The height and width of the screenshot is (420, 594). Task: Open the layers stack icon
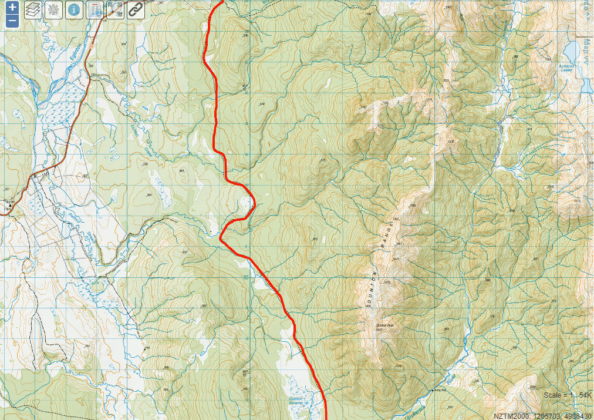tap(33, 10)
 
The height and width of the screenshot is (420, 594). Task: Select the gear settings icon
tap(53, 10)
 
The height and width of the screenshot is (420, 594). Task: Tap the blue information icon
tap(74, 10)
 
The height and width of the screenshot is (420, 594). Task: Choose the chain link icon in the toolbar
tap(136, 10)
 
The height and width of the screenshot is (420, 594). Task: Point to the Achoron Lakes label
tap(566, 68)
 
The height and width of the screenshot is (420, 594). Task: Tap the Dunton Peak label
tap(383, 325)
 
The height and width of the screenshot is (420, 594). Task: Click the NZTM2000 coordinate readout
tap(542, 415)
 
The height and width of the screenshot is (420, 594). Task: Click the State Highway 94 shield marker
tap(35, 175)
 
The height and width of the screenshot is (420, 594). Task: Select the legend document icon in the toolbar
tap(95, 10)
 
